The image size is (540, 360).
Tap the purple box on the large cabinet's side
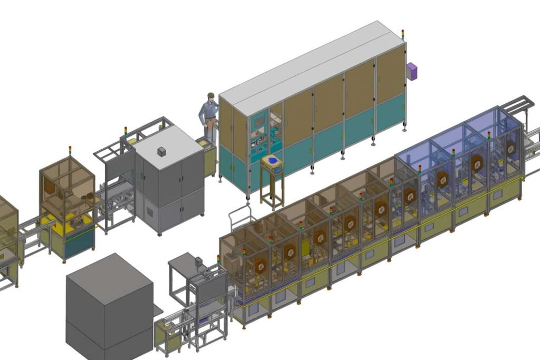[x=412, y=71]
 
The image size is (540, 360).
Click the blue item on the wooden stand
[x=273, y=160]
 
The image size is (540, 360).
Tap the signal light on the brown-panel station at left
[x=70, y=151]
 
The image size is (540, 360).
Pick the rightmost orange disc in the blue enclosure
[x=510, y=149]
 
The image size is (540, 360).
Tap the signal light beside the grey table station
[x=218, y=259]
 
